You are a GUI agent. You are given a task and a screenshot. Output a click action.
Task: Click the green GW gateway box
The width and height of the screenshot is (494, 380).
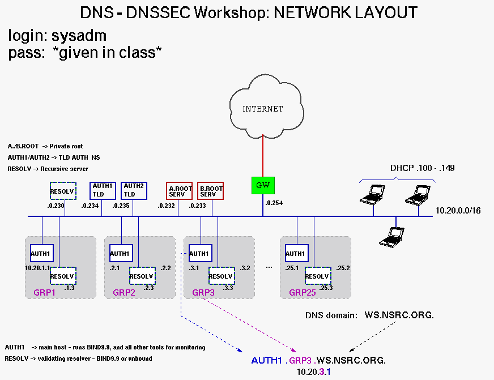tap(263, 185)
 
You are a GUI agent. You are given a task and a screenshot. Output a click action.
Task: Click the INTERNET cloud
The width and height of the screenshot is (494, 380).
tap(263, 108)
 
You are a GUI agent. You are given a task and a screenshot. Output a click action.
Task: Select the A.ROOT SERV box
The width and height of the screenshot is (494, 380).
tap(179, 191)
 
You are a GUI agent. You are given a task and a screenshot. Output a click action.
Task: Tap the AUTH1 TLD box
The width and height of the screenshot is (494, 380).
tap(103, 190)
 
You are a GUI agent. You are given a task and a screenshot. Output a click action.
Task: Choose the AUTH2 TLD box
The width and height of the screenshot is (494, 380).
tap(134, 190)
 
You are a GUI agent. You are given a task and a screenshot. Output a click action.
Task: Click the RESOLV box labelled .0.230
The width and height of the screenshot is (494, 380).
tap(62, 191)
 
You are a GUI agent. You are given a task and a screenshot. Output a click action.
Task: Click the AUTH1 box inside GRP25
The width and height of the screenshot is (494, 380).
tap(296, 253)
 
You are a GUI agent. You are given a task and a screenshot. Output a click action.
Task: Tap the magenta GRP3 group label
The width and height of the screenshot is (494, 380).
tap(203, 293)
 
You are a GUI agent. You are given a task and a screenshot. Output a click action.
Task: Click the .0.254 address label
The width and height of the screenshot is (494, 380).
tap(274, 202)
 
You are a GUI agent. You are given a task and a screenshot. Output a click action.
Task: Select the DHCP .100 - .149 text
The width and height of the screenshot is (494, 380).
tap(423, 168)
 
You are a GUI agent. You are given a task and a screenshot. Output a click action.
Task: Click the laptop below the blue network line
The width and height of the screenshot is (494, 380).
tap(392, 235)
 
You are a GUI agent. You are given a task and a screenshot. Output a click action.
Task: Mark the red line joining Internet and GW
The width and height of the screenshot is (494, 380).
tap(263, 150)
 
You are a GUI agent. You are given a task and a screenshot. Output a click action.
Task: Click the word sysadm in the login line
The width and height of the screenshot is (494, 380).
tap(79, 37)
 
